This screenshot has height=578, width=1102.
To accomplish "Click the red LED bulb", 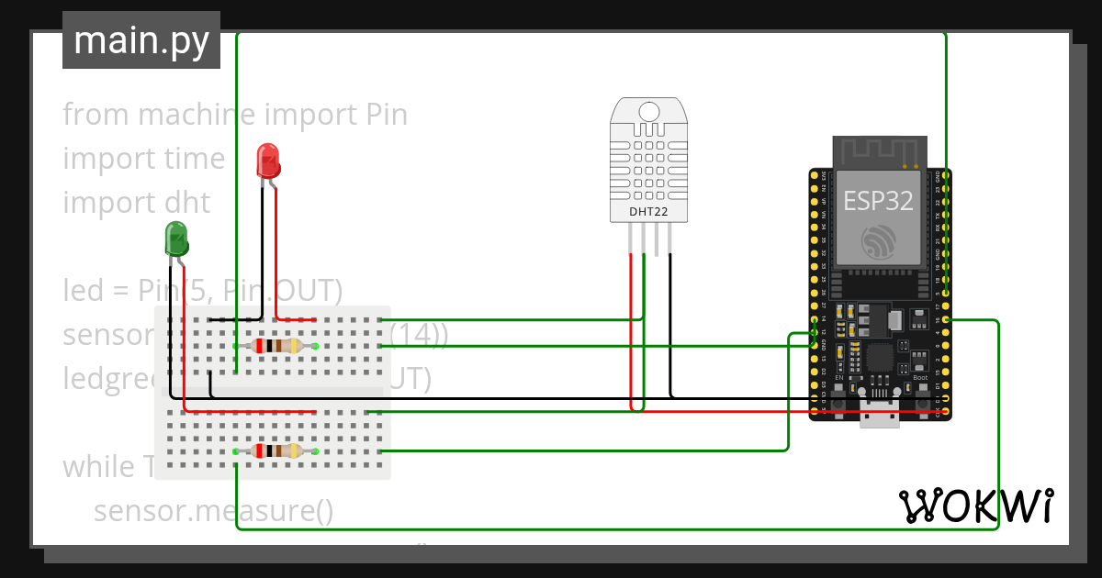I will coord(268,161).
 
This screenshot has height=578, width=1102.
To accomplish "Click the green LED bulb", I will coord(176,239).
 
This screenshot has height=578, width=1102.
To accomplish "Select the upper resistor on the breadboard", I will coord(276,346).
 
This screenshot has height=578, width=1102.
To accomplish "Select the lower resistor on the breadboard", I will coord(276,450).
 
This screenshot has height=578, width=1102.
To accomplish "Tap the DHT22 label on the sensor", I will coord(648,212).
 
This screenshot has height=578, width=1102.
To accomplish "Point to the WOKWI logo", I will coord(975,506).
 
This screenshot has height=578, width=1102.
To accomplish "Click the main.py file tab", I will coord(141,40).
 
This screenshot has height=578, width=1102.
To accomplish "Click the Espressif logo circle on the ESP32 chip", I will coord(881,241).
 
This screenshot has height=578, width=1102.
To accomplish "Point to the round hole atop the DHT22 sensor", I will coord(648,112).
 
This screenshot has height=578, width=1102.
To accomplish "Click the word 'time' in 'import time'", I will coord(196,159).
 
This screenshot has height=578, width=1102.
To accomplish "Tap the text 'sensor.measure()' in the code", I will coord(213,510).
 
